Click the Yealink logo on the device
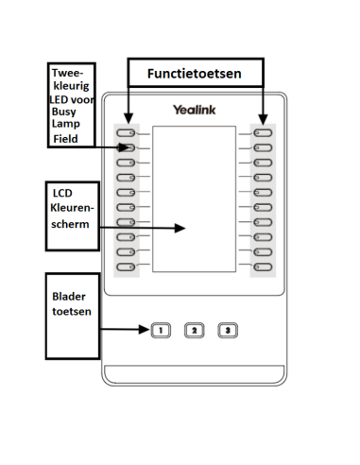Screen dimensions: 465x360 click(194, 111)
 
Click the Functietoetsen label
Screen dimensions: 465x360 click(194, 73)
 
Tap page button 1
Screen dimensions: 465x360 click(160, 330)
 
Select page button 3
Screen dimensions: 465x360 click(228, 330)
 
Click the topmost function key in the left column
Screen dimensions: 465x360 click(126, 133)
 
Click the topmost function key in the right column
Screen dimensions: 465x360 click(262, 133)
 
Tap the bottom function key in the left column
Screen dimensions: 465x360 click(126, 267)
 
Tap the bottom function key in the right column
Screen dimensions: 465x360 click(262, 267)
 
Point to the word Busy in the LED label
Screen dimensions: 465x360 click(65, 112)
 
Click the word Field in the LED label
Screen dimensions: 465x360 click(67, 138)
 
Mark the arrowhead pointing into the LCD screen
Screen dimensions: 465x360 click(181, 229)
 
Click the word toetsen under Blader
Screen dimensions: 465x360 click(72, 311)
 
